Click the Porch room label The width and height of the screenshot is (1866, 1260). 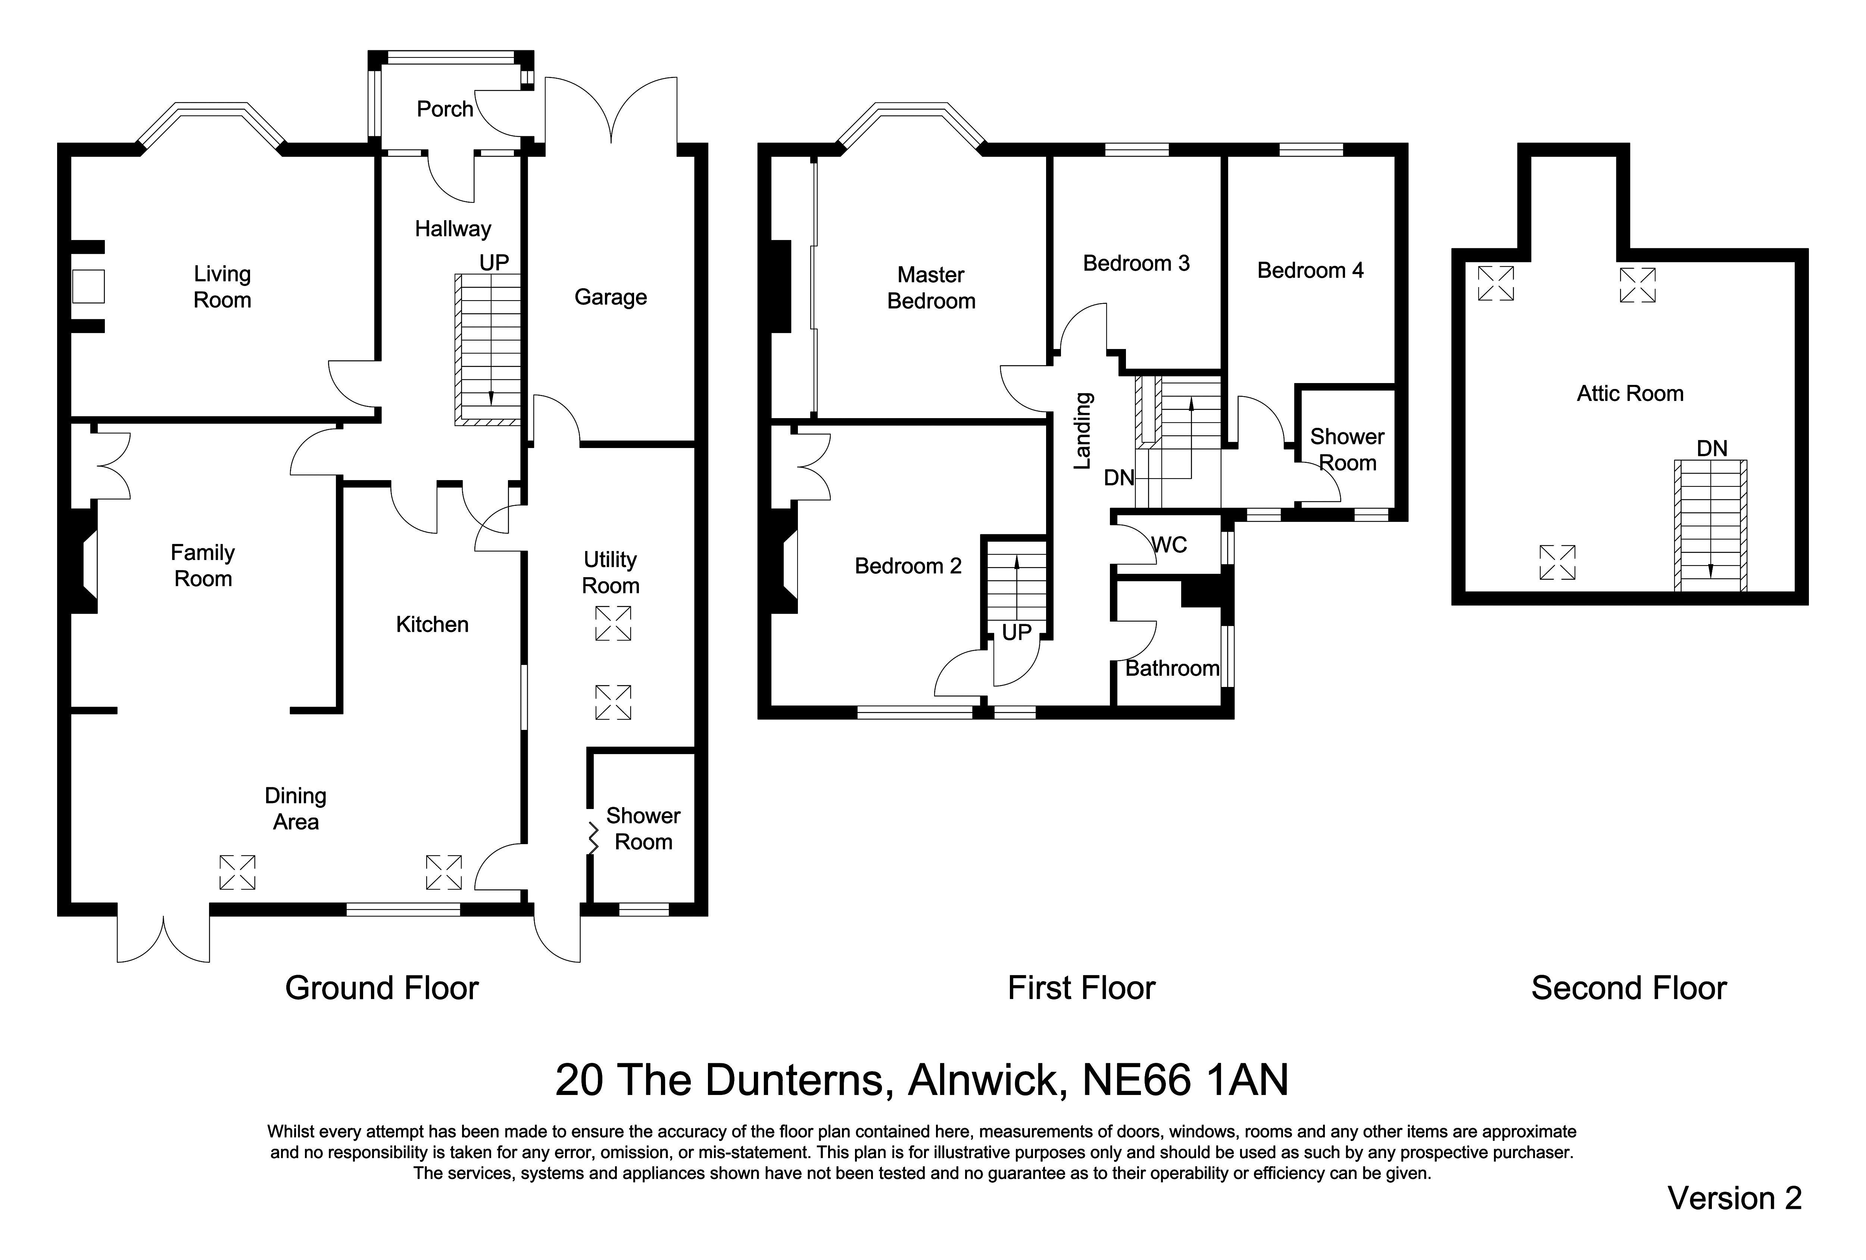tap(445, 109)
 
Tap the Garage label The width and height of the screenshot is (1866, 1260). tap(610, 297)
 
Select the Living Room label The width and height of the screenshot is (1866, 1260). tap(222, 287)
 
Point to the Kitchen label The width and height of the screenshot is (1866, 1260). tap(432, 625)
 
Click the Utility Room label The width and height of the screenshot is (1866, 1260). tap(610, 573)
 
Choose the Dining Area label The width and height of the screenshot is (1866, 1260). tap(296, 809)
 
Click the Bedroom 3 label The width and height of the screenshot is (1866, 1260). tap(1136, 264)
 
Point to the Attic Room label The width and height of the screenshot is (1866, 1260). tap(1630, 393)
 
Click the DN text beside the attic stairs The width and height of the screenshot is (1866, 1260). tap(1712, 448)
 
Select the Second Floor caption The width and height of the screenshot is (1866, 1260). tap(1628, 988)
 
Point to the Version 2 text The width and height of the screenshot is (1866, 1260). tap(1734, 1198)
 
